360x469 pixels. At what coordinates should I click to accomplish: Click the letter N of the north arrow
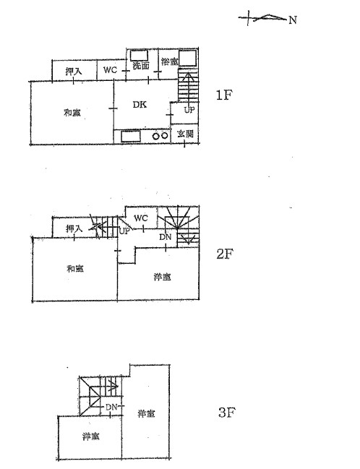(x=293, y=20)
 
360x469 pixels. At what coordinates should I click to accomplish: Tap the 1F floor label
(x=224, y=95)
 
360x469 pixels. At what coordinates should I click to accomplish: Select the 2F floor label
(x=225, y=254)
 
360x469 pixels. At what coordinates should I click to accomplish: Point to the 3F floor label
(x=227, y=413)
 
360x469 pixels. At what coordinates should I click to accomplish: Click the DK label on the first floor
(x=140, y=104)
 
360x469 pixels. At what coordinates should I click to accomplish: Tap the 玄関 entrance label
(x=185, y=134)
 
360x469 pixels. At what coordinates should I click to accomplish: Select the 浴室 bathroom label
(x=170, y=61)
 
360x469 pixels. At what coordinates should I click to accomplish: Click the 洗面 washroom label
(x=141, y=66)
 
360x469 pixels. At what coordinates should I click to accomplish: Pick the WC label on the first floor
(x=110, y=70)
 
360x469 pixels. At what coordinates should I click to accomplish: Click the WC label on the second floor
(x=141, y=218)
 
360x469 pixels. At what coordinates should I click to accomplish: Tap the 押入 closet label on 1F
(x=74, y=72)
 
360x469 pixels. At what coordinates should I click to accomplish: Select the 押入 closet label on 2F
(x=74, y=229)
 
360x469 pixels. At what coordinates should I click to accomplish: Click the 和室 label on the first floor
(x=72, y=113)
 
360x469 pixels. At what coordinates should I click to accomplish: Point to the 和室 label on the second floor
(x=75, y=269)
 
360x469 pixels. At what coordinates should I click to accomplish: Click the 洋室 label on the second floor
(x=162, y=277)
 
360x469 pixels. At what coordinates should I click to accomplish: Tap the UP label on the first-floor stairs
(x=189, y=110)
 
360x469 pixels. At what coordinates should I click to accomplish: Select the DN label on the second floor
(x=166, y=237)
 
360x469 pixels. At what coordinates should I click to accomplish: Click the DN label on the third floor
(x=111, y=407)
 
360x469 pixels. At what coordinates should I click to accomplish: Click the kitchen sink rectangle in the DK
(x=130, y=137)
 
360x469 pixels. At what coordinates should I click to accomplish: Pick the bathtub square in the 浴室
(x=188, y=58)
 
